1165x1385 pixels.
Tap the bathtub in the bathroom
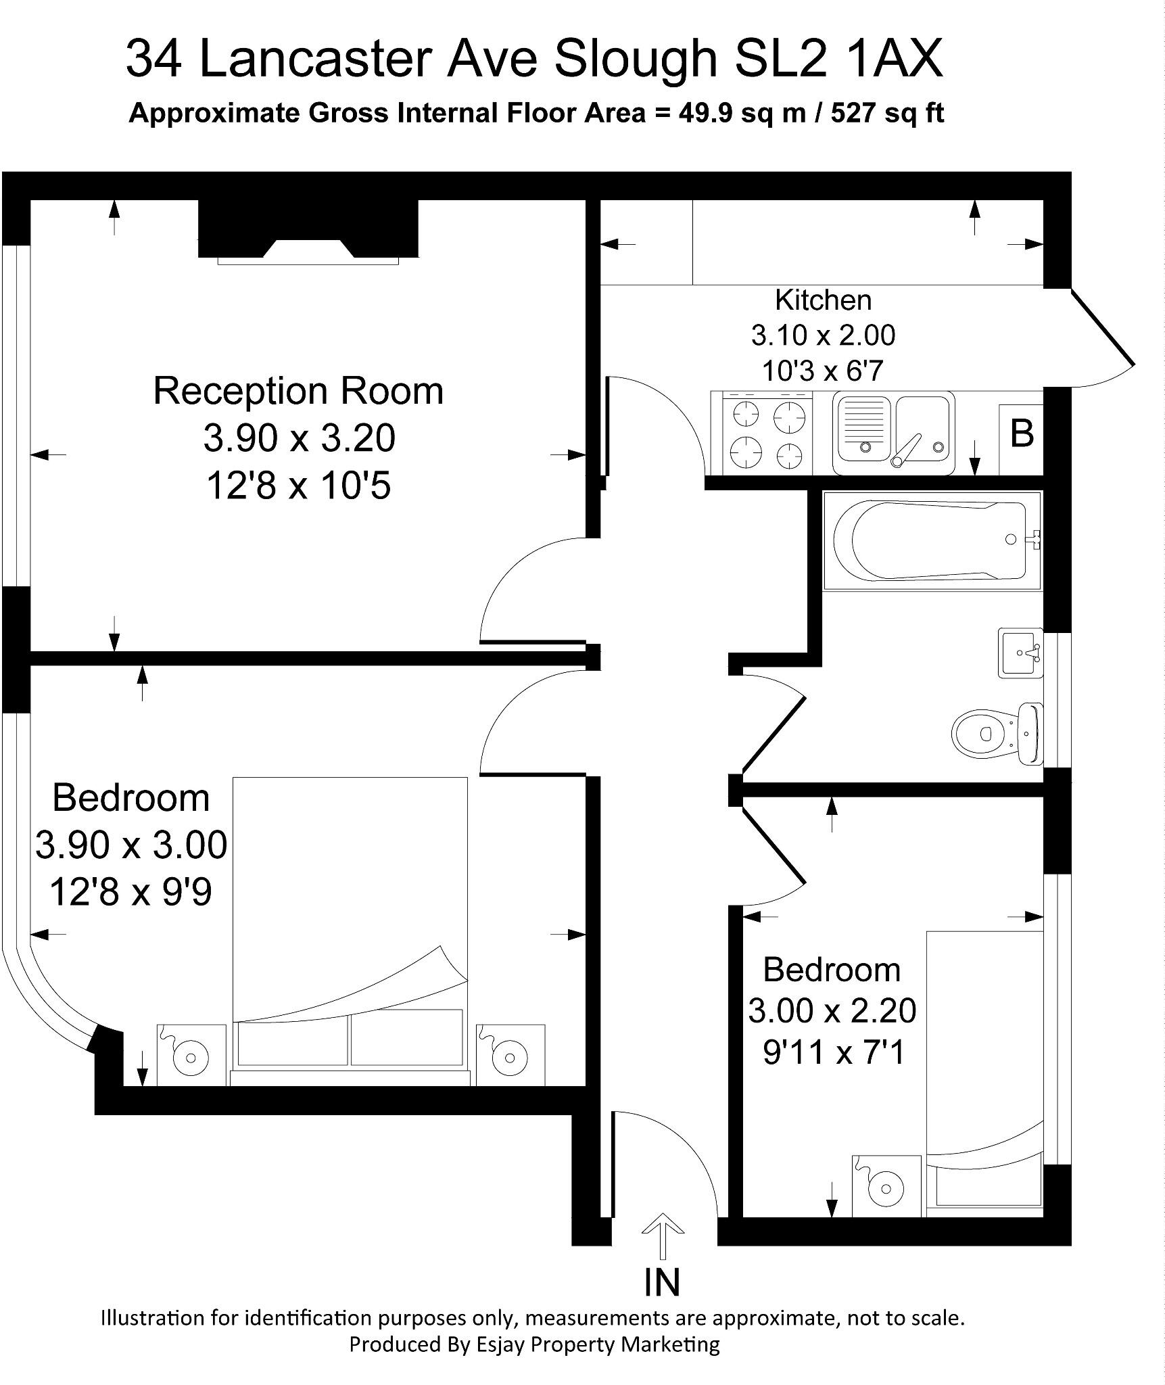pyautogui.click(x=931, y=540)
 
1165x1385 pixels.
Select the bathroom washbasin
pyautogui.click(x=1020, y=653)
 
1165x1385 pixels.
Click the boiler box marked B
pyautogui.click(x=1021, y=433)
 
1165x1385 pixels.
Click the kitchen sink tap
pyautogui.click(x=906, y=450)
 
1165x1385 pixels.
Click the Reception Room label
pyautogui.click(x=298, y=391)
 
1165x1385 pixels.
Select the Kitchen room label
pyautogui.click(x=823, y=300)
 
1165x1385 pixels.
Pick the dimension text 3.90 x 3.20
pyautogui.click(x=299, y=438)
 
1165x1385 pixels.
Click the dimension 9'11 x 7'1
pyautogui.click(x=833, y=1052)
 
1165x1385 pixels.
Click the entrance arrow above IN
pyautogui.click(x=662, y=1234)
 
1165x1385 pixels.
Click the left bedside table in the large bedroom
pyautogui.click(x=191, y=1054)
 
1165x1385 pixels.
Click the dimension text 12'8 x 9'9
pyautogui.click(x=130, y=892)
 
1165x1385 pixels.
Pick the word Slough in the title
pyautogui.click(x=636, y=59)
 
